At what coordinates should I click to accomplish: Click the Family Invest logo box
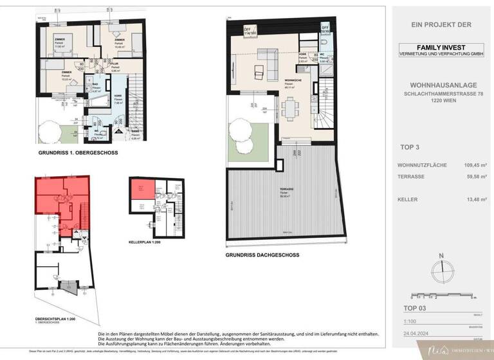pyautogui.click(x=441, y=51)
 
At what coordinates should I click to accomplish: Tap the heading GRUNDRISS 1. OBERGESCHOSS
pyautogui.click(x=69, y=155)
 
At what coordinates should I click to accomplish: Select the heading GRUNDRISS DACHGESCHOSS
pyautogui.click(x=257, y=255)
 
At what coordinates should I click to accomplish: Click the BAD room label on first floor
pyautogui.click(x=95, y=84)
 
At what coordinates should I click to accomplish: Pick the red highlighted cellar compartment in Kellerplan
pyautogui.click(x=138, y=190)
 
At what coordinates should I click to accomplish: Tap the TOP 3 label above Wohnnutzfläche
pyautogui.click(x=410, y=147)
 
